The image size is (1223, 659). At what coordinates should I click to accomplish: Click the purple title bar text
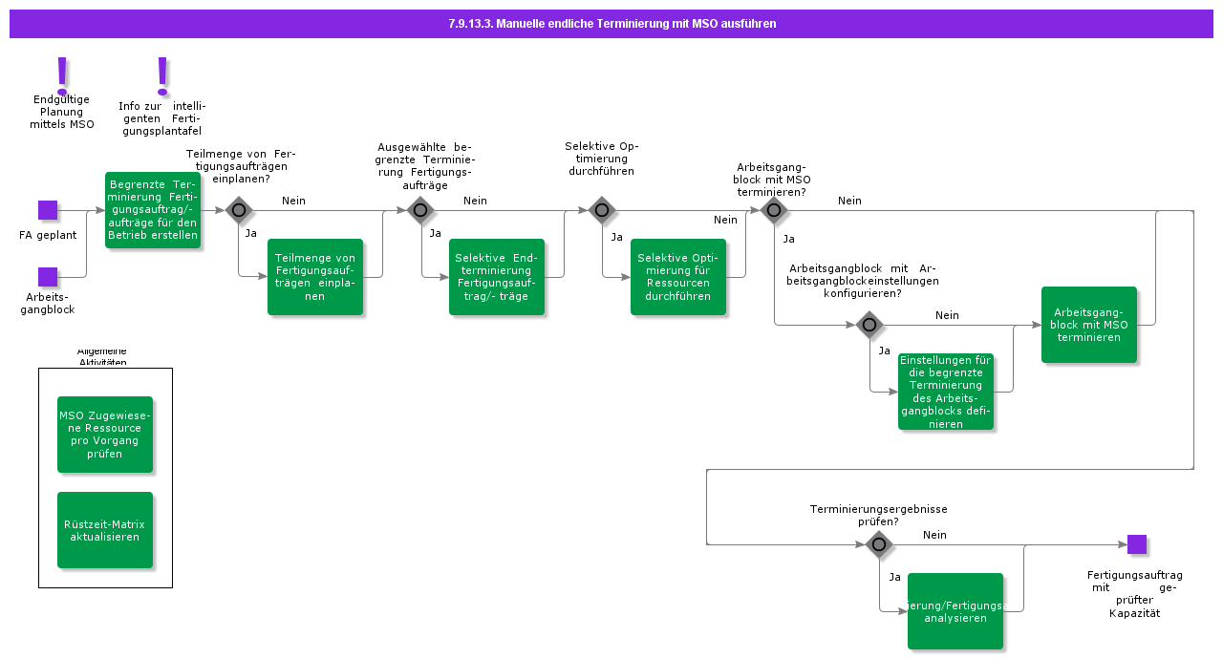tap(611, 24)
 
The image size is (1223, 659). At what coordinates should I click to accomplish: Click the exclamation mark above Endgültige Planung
tap(63, 74)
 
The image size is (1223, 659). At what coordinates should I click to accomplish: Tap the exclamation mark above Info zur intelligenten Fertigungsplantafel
tap(162, 74)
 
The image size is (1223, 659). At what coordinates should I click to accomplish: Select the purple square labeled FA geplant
tap(48, 210)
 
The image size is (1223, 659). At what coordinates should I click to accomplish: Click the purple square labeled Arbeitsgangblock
tap(48, 277)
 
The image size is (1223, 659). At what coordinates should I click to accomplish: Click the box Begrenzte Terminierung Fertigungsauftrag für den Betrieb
tap(153, 210)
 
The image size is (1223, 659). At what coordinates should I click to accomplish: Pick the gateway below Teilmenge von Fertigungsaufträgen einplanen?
tap(239, 210)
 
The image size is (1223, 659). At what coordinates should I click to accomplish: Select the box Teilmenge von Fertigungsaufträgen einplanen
tap(315, 277)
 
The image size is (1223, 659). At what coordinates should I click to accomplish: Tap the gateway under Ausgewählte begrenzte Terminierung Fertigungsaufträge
tap(420, 210)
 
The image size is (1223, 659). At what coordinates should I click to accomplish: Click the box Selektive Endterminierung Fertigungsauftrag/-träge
tap(497, 277)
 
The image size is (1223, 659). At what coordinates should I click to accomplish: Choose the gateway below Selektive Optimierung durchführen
tap(602, 210)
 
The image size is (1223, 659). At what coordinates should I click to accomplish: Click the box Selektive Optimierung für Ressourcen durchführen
tap(678, 277)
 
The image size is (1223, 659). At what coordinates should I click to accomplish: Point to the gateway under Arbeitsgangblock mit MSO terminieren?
tap(774, 210)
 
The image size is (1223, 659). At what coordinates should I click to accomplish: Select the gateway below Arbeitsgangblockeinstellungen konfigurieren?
tap(869, 325)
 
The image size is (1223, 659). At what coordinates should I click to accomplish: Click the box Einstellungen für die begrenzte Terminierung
tap(946, 392)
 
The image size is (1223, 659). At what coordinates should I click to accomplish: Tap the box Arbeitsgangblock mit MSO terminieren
tap(1089, 325)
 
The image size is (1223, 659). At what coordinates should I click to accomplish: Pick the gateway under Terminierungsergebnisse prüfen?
tap(879, 544)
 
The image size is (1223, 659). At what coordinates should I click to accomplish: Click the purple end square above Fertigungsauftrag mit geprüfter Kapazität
tap(1137, 544)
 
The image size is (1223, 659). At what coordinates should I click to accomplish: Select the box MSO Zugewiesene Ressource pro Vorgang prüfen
tap(105, 435)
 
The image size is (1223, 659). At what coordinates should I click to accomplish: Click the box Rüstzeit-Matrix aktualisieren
tap(105, 530)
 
